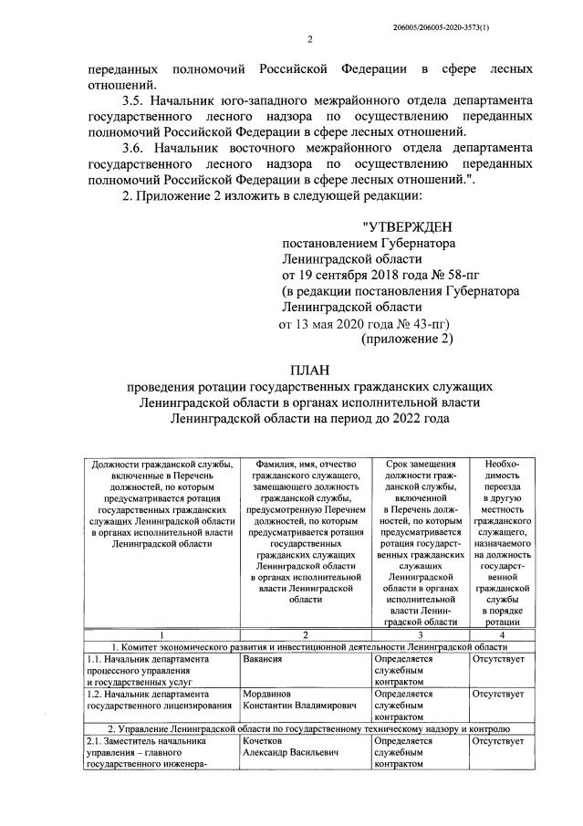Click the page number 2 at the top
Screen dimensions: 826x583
pos(309,38)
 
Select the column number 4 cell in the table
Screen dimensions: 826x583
pos(502,633)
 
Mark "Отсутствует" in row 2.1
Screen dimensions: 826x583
pos(499,742)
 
